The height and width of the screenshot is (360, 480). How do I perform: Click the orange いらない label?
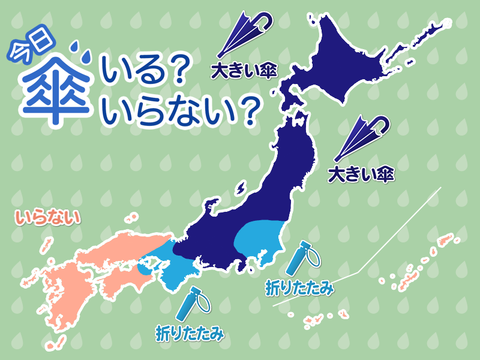click(49, 218)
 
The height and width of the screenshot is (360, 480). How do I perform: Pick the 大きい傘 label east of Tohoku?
click(360, 175)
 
